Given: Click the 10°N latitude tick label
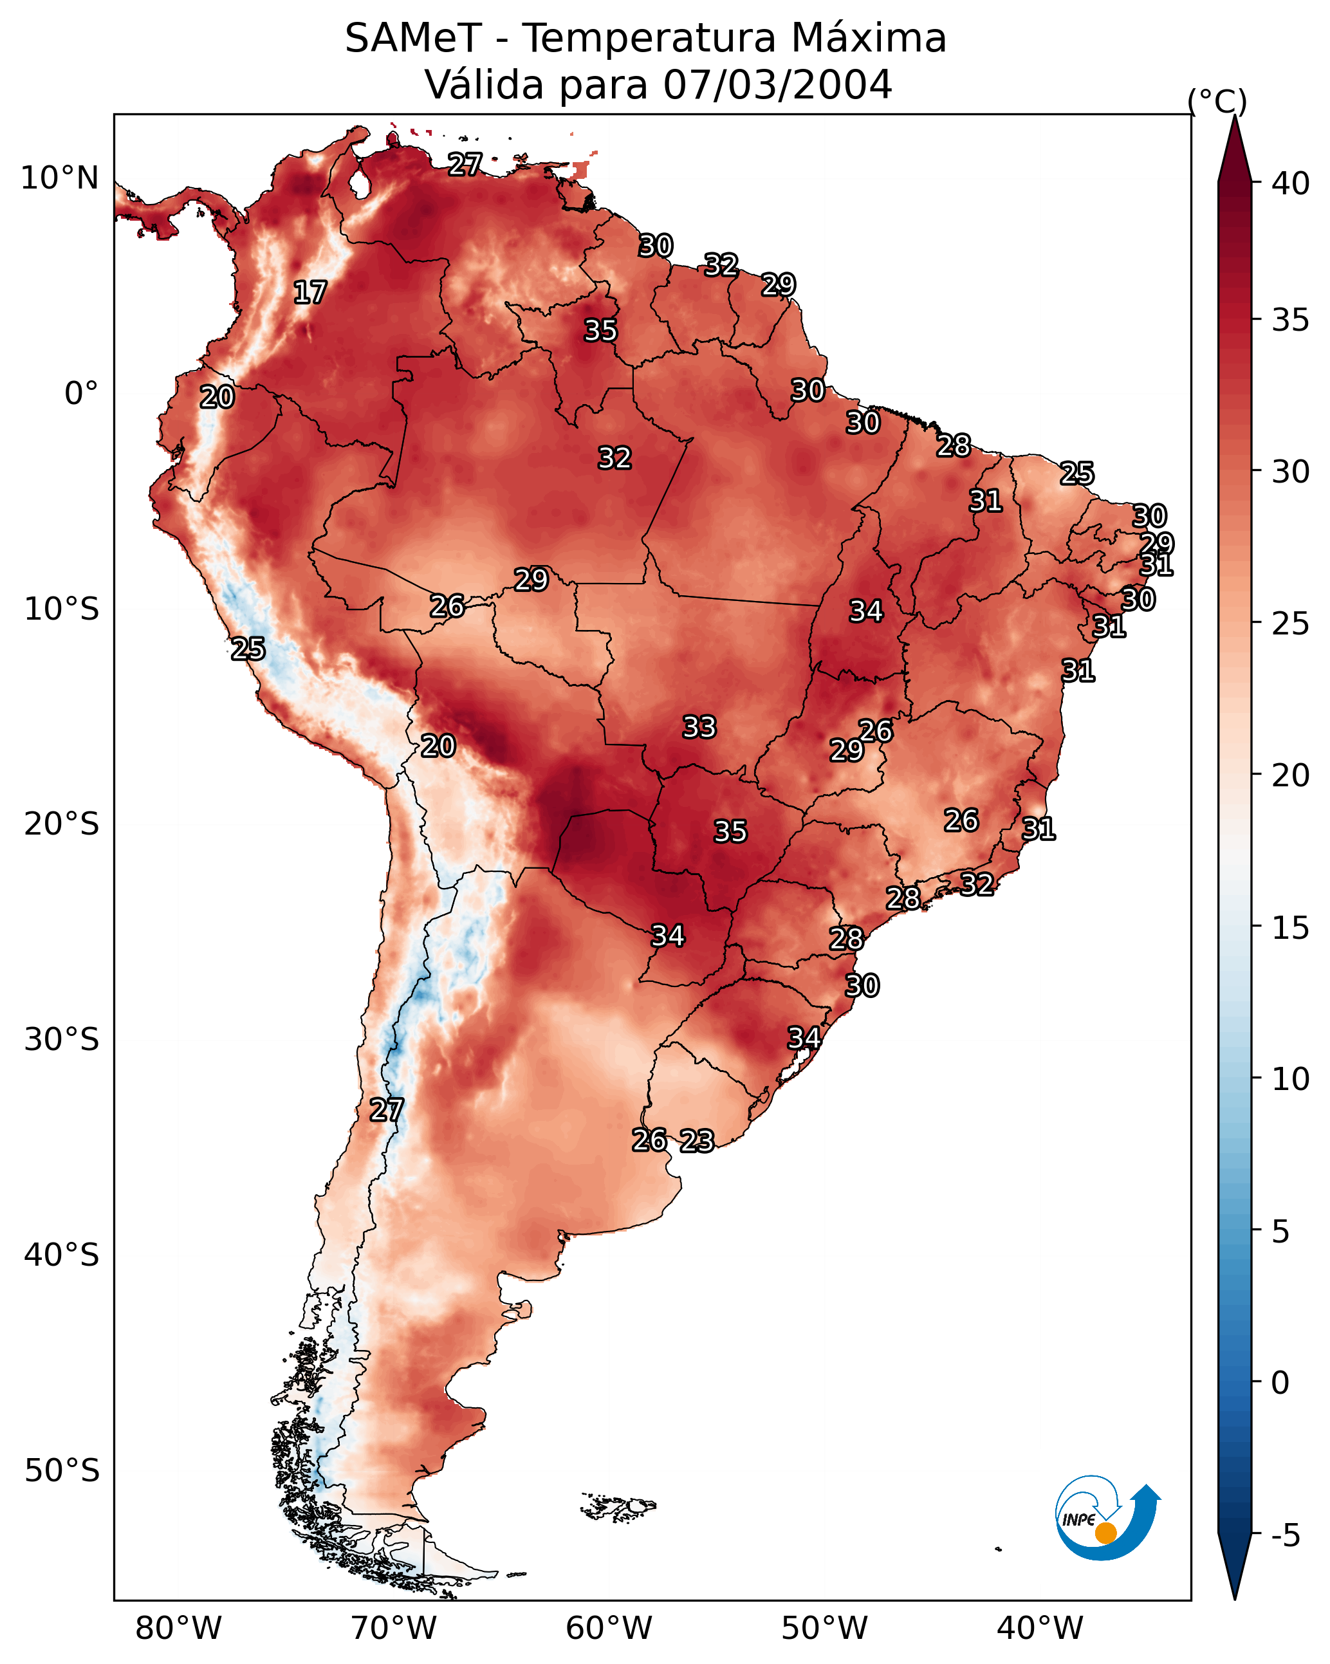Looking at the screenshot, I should (x=59, y=178).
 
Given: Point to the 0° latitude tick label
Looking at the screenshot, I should (x=81, y=394).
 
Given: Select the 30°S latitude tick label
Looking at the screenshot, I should (x=62, y=1040).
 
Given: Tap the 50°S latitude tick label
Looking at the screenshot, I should (x=62, y=1470).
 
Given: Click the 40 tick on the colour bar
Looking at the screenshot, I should (x=1291, y=183).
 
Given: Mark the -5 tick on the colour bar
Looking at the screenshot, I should (x=1284, y=1535).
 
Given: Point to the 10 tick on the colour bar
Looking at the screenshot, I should (x=1291, y=1079).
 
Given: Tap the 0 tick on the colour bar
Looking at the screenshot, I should (x=1280, y=1383).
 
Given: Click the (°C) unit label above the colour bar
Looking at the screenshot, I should (x=1217, y=101).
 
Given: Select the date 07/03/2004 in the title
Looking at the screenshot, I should (x=777, y=84).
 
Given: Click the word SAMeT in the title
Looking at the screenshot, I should (x=413, y=38).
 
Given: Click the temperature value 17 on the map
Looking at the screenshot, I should (x=310, y=293).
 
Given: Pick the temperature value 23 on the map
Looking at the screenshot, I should (x=697, y=1141).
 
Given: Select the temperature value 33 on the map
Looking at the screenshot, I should (x=699, y=727).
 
